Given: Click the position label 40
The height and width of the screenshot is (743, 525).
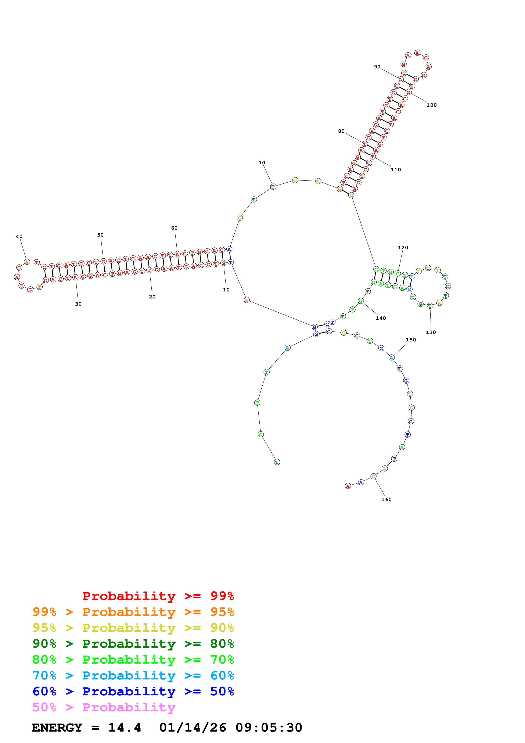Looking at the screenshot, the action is click(x=19, y=237).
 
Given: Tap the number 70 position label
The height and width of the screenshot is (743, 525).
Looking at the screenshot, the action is click(x=262, y=163).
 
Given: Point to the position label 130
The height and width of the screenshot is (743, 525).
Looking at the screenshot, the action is click(x=431, y=332).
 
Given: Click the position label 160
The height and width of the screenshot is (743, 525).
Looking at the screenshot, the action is click(x=386, y=499).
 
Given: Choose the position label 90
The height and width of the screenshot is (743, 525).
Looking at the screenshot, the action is click(x=377, y=67).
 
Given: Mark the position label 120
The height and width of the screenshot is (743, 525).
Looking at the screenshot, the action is click(x=403, y=248).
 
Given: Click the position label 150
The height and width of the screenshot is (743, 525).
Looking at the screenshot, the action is click(x=411, y=340).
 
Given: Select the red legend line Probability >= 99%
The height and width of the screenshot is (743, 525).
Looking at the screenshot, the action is click(x=158, y=596).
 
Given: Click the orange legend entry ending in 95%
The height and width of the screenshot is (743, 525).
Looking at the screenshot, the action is click(x=133, y=612).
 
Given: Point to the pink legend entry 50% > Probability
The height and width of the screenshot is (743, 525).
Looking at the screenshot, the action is click(x=104, y=707).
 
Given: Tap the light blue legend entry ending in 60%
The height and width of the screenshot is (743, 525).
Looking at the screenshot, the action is click(x=133, y=675).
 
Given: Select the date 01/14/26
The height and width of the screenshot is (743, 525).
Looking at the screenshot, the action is click(x=193, y=728).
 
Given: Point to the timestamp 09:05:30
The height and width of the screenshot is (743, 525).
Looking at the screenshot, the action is click(x=269, y=728).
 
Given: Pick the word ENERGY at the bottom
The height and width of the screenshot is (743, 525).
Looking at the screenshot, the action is click(x=57, y=728).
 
